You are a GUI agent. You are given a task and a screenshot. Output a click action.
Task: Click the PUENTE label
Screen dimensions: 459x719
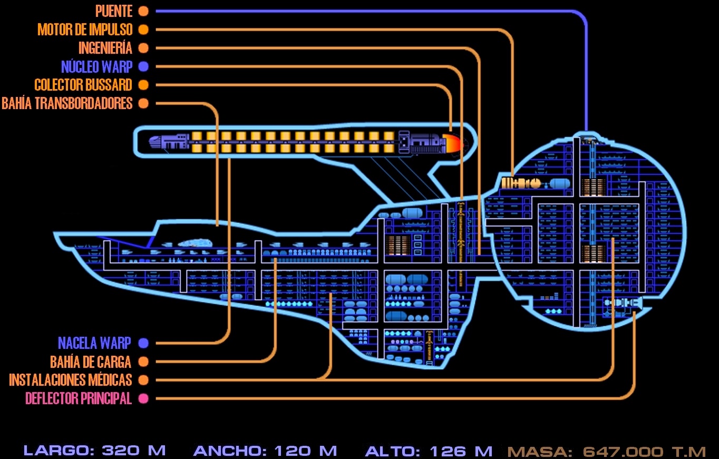click(x=113, y=11)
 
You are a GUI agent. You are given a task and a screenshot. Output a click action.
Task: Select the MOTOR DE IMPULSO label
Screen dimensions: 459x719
click(x=85, y=30)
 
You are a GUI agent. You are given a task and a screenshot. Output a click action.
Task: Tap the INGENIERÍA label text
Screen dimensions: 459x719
click(x=105, y=48)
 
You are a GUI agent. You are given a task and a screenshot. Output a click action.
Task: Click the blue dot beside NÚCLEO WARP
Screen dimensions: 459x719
click(x=143, y=66)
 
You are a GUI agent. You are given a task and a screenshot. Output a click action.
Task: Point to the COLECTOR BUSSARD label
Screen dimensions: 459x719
click(x=83, y=85)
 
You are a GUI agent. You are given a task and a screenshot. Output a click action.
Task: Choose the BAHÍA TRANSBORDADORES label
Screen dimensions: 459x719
click(x=67, y=103)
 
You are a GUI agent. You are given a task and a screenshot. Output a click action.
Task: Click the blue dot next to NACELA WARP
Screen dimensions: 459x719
click(x=143, y=343)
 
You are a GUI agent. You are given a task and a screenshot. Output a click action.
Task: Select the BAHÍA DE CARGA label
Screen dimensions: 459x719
click(x=91, y=362)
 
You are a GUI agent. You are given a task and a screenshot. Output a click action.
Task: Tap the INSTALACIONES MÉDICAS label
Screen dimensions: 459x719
click(x=70, y=380)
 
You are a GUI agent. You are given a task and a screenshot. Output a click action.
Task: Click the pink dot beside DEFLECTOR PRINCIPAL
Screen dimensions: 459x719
click(x=143, y=398)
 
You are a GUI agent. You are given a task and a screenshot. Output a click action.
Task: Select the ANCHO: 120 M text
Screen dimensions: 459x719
click(x=265, y=451)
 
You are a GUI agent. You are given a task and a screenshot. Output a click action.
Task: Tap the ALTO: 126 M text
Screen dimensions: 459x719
click(x=429, y=451)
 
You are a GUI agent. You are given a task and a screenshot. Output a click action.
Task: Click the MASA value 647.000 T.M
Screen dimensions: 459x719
click(x=644, y=452)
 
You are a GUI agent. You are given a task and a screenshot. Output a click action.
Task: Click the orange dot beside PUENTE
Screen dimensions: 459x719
click(x=143, y=11)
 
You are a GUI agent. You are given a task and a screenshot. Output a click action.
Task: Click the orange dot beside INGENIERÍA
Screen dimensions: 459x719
click(x=143, y=48)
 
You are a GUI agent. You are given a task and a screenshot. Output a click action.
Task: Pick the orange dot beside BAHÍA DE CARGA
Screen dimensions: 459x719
click(x=143, y=362)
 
